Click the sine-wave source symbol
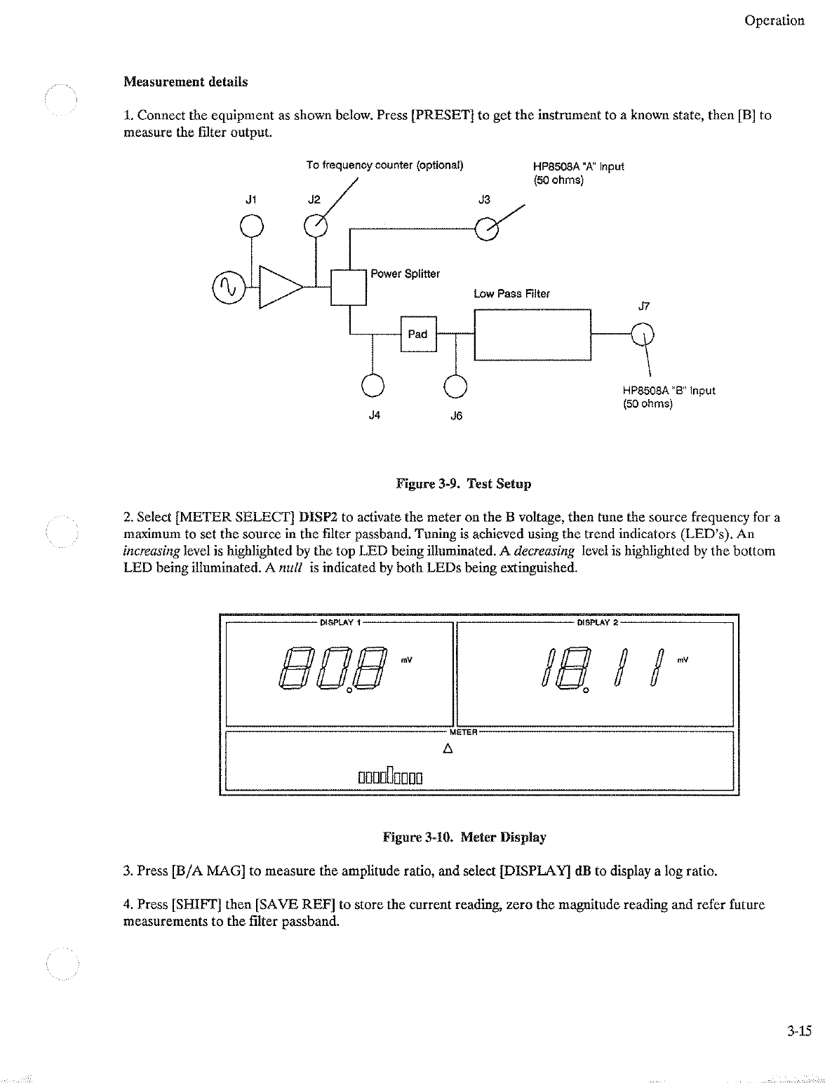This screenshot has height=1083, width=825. click(226, 287)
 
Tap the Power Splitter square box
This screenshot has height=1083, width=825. click(349, 287)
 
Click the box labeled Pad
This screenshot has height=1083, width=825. click(418, 334)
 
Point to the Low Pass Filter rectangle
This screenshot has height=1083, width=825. click(533, 334)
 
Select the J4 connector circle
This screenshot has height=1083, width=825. click(373, 385)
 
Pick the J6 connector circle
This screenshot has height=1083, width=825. click(456, 385)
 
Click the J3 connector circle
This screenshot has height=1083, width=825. click(486, 228)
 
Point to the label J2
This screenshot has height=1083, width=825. click(314, 199)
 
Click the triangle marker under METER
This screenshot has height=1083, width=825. click(447, 748)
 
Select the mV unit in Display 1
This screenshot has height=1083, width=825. click(406, 660)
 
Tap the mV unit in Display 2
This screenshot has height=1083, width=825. click(683, 660)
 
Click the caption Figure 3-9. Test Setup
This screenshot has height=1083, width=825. click(464, 483)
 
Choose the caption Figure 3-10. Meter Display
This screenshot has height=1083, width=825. click(464, 837)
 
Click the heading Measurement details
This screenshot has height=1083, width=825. click(185, 81)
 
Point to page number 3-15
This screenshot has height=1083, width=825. click(798, 1031)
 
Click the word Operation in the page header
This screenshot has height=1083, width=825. click(774, 20)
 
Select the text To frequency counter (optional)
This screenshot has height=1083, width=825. click(384, 166)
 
